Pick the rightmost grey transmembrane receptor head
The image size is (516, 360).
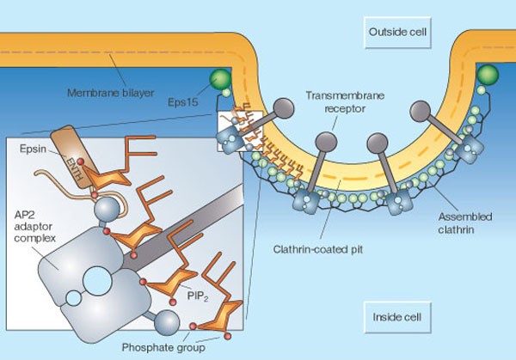(x=420, y=109)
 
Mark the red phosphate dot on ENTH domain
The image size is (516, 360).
(x=81, y=161)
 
